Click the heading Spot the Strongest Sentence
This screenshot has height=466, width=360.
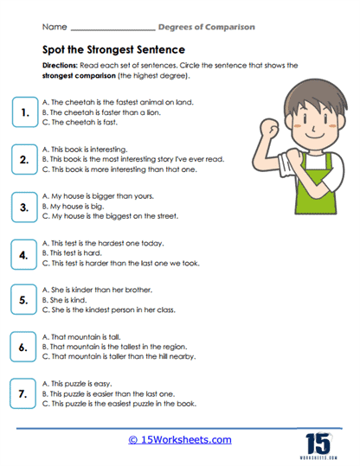click(x=108, y=50)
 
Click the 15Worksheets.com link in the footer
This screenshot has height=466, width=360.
click(x=179, y=439)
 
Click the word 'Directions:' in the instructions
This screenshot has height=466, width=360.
click(x=61, y=66)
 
